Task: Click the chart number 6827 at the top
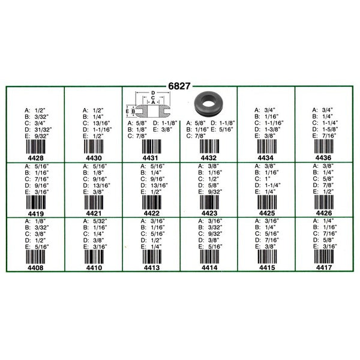(x=179, y=86)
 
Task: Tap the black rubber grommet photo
(x=208, y=103)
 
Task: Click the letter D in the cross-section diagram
(x=153, y=93)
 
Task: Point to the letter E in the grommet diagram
(x=127, y=111)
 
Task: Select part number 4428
(x=35, y=158)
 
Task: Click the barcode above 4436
(x=324, y=146)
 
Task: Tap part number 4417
(x=324, y=268)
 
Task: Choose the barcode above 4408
(x=35, y=257)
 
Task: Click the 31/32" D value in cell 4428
(x=43, y=130)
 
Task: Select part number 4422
(x=152, y=213)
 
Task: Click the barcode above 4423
(x=209, y=202)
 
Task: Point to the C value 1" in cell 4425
(x=268, y=179)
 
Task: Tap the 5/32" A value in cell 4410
(x=100, y=221)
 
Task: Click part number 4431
(x=151, y=158)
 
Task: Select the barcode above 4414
(x=209, y=256)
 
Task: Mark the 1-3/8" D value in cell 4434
(x=272, y=129)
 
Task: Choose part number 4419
(x=36, y=214)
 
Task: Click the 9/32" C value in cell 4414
(x=215, y=234)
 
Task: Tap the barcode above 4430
(x=94, y=146)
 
